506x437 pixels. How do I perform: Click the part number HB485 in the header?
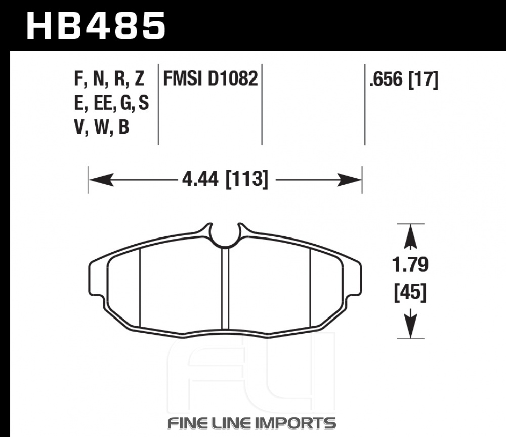pos(96,26)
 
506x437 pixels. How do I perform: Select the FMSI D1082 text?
pos(210,78)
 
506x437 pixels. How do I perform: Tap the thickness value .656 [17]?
pos(404,80)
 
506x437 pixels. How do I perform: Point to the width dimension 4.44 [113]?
pos(225,179)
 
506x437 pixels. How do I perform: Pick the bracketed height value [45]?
pos(410,292)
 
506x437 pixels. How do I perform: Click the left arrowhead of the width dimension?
pos(101,180)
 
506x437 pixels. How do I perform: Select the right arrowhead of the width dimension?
pos(349,180)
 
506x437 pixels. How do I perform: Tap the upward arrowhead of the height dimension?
pos(410,237)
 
